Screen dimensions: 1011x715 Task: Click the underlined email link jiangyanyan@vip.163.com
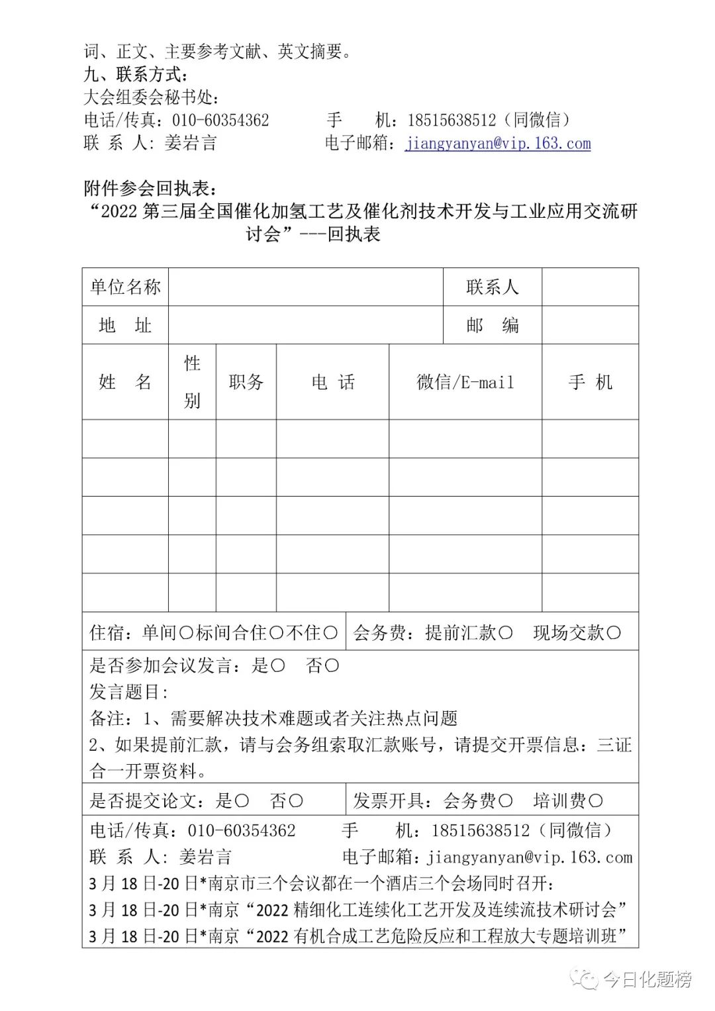(x=498, y=143)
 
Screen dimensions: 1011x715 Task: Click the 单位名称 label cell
(x=125, y=287)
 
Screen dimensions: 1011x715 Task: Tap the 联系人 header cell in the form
(x=492, y=287)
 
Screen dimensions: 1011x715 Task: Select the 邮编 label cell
(x=492, y=325)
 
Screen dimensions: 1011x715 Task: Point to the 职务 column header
(x=246, y=382)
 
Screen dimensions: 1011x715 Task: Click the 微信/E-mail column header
(x=465, y=382)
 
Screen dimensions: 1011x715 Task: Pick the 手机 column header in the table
(x=590, y=382)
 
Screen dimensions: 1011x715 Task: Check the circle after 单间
(x=186, y=633)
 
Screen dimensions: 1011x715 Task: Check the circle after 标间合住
(x=277, y=633)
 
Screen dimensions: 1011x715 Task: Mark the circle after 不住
(x=330, y=633)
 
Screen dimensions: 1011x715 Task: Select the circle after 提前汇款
(x=505, y=633)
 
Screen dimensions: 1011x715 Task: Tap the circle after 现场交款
(x=614, y=633)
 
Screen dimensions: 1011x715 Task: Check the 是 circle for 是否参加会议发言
(x=278, y=665)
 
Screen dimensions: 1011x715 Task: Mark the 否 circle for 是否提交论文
(x=296, y=801)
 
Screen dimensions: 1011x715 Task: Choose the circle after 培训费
(x=595, y=801)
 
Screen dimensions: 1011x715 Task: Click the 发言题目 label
(x=128, y=692)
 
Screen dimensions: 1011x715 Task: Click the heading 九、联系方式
(x=136, y=74)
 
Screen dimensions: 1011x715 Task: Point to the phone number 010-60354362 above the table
(x=220, y=120)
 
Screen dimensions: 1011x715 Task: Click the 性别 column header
(x=192, y=382)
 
